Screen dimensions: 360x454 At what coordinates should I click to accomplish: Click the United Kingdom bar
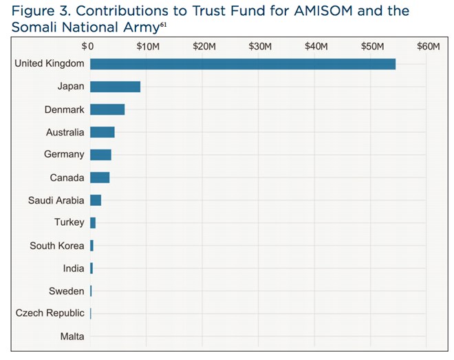pyautogui.click(x=242, y=64)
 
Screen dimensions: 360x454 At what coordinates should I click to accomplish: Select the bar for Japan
pyautogui.click(x=115, y=87)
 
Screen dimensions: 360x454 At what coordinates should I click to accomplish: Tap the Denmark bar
pyautogui.click(x=107, y=109)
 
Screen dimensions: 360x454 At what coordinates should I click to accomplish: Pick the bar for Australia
pyautogui.click(x=102, y=132)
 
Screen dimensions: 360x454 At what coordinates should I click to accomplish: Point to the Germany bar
pyautogui.click(x=100, y=155)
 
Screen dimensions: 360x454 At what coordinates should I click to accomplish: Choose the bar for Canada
pyautogui.click(x=100, y=178)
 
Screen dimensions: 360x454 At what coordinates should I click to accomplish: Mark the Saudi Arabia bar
pyautogui.click(x=96, y=200)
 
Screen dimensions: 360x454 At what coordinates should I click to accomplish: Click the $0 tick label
pyautogui.click(x=88, y=46)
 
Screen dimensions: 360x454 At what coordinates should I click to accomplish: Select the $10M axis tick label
pyautogui.click(x=147, y=46)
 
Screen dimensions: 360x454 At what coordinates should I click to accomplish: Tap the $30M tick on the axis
pyautogui.click(x=260, y=46)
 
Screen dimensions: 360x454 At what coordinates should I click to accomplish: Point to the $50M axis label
pyautogui.click(x=373, y=46)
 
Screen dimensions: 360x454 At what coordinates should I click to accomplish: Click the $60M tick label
pyautogui.click(x=428, y=46)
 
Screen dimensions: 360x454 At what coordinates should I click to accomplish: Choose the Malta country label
pyautogui.click(x=72, y=337)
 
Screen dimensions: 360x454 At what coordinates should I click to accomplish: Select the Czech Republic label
pyautogui.click(x=50, y=313)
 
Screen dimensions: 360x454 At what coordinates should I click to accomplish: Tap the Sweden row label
pyautogui.click(x=67, y=291)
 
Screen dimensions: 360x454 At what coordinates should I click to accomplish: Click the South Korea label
pyautogui.click(x=57, y=246)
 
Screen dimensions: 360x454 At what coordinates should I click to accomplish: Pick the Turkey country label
pyautogui.click(x=69, y=222)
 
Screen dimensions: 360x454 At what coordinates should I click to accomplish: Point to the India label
pyautogui.click(x=74, y=268)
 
